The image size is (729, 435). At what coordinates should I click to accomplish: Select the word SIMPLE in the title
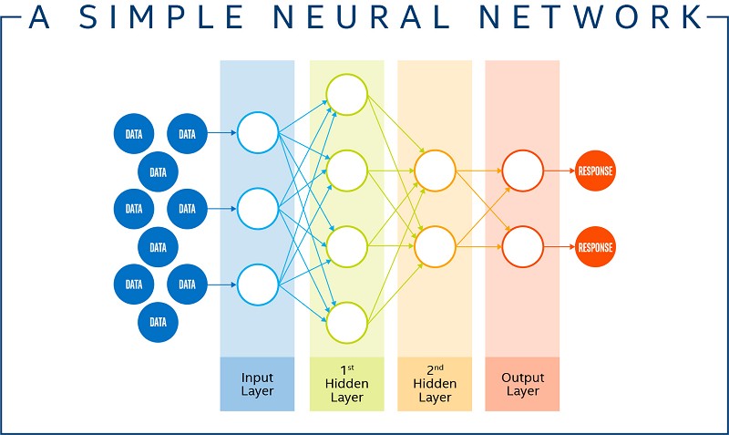click(x=162, y=17)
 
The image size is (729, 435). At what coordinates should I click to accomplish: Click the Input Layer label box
click(x=257, y=384)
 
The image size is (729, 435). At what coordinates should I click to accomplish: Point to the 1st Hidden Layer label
click(x=347, y=384)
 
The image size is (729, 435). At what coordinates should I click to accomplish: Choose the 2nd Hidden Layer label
click(x=435, y=384)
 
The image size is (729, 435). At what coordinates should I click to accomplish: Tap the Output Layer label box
click(x=522, y=384)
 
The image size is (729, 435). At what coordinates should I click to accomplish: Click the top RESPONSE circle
click(x=596, y=171)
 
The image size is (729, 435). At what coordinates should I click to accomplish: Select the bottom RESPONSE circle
click(x=596, y=247)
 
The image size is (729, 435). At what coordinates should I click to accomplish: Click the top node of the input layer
click(x=258, y=132)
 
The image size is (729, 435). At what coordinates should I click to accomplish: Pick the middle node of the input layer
click(x=258, y=209)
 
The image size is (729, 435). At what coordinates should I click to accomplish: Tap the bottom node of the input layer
click(x=258, y=285)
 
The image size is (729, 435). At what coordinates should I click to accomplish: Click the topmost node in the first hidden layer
click(x=347, y=95)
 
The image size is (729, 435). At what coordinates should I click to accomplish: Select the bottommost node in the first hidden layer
click(x=347, y=323)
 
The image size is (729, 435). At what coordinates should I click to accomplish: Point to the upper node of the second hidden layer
click(x=435, y=171)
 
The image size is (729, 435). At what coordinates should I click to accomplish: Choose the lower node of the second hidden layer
click(x=435, y=246)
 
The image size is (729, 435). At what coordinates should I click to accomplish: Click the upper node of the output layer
click(x=522, y=171)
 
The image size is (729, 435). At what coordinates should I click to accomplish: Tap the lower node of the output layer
click(x=522, y=246)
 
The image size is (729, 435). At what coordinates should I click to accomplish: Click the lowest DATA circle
click(x=158, y=322)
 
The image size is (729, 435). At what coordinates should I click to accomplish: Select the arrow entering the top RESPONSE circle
click(x=560, y=171)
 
